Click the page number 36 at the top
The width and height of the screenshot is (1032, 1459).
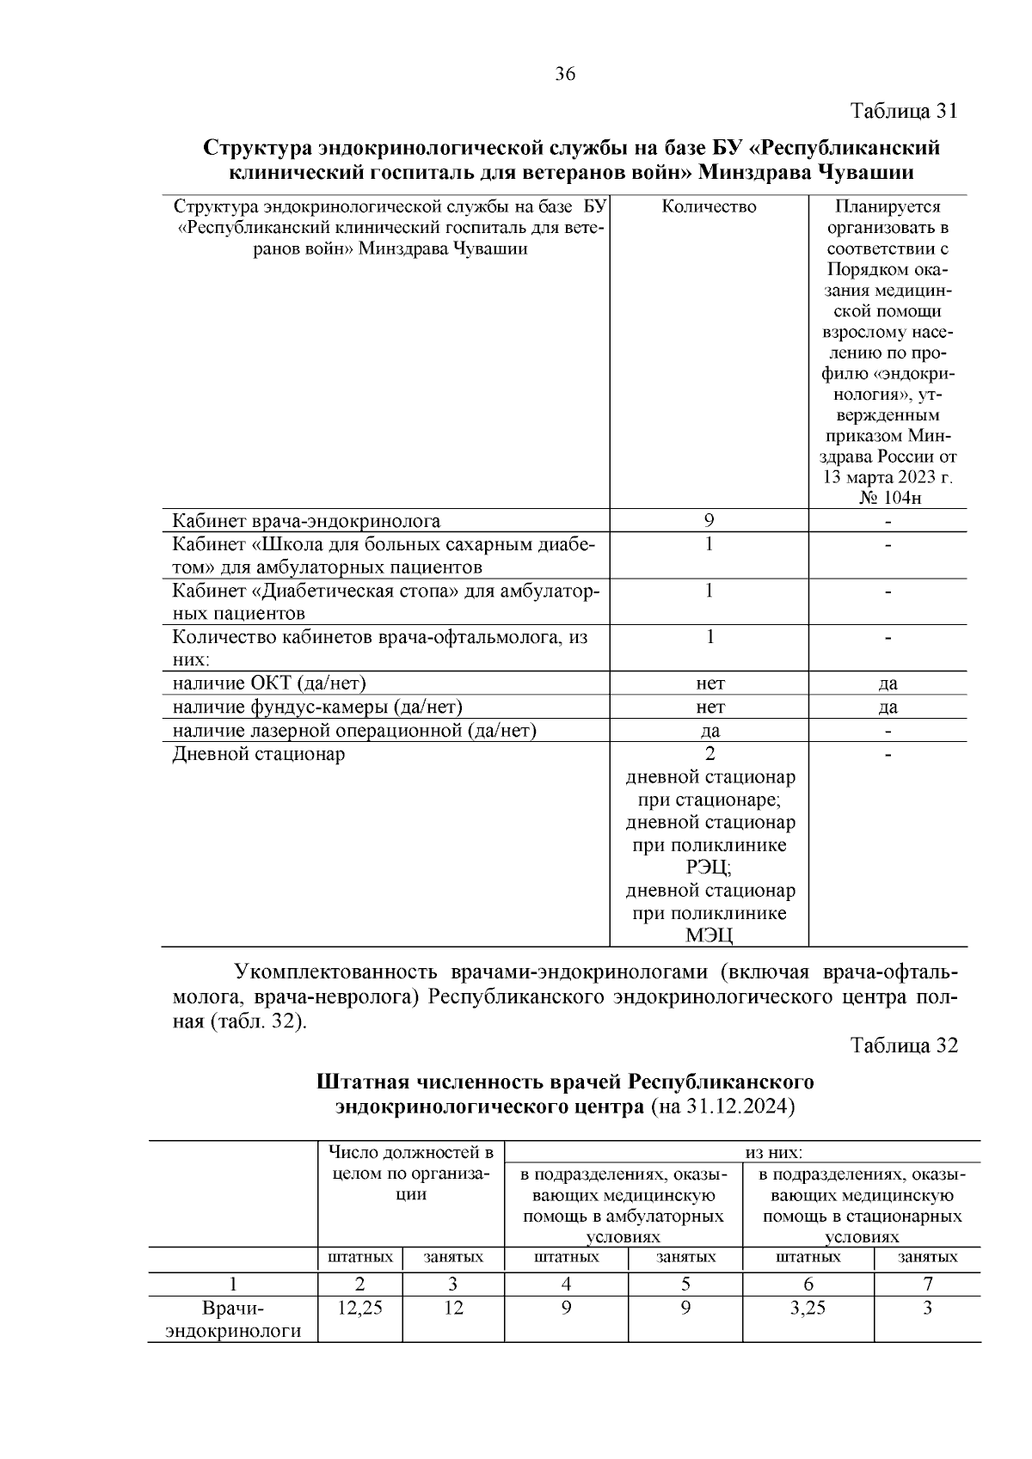pyautogui.click(x=565, y=74)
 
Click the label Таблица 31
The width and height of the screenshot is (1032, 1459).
pyautogui.click(x=903, y=112)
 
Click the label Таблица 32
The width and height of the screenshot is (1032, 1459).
pyautogui.click(x=903, y=1045)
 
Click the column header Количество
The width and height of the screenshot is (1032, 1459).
pyautogui.click(x=709, y=207)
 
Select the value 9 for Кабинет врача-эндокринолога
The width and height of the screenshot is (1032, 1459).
pyautogui.click(x=709, y=520)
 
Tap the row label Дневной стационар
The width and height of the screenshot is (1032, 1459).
pyautogui.click(x=259, y=754)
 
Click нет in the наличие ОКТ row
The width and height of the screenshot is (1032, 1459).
pyautogui.click(x=710, y=684)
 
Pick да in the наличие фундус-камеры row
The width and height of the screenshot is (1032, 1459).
pyautogui.click(x=888, y=707)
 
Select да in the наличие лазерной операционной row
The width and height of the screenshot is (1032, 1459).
pyautogui.click(x=710, y=731)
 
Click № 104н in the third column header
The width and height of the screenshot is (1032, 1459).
pyautogui.click(x=888, y=500)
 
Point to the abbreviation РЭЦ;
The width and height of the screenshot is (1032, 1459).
pyautogui.click(x=709, y=868)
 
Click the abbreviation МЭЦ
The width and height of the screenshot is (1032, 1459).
pyautogui.click(x=709, y=935)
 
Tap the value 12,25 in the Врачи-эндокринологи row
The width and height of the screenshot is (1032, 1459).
pyautogui.click(x=359, y=1309)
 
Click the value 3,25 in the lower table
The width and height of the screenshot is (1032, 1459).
pyautogui.click(x=808, y=1309)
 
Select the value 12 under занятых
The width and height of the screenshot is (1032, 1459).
pyautogui.click(x=453, y=1309)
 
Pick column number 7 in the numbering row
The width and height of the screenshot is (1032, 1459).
pyautogui.click(x=928, y=1284)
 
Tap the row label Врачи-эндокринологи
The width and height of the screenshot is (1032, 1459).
pyautogui.click(x=233, y=1320)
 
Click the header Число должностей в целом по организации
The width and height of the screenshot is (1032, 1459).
pyautogui.click(x=410, y=1174)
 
